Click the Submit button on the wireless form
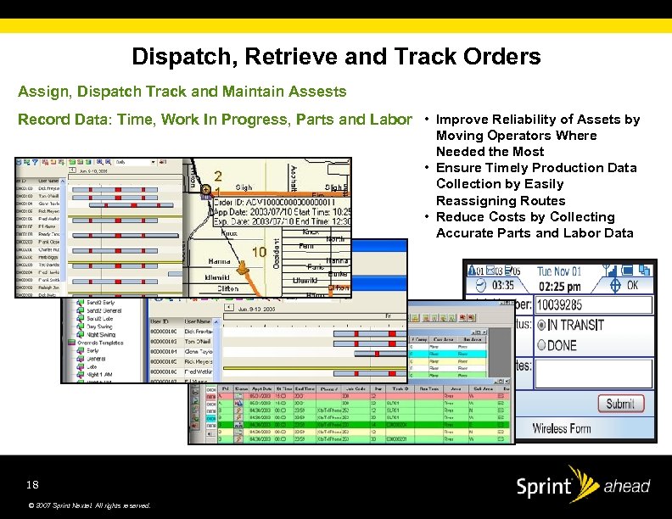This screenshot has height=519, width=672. coord(620,404)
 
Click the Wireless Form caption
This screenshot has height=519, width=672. coord(562,428)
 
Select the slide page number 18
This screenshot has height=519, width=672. coord(32,485)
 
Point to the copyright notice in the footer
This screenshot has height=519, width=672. coord(89,505)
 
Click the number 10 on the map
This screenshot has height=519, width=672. coord(260,252)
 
